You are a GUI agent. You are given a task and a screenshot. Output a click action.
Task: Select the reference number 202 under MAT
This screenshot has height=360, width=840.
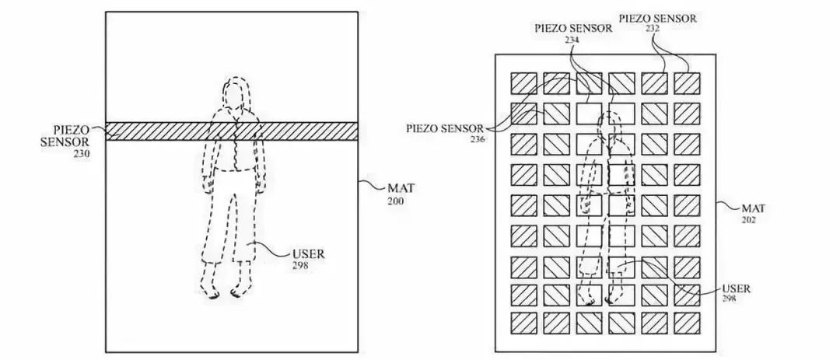(x=749, y=219)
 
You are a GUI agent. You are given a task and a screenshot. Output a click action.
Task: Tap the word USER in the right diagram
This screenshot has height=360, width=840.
(x=737, y=288)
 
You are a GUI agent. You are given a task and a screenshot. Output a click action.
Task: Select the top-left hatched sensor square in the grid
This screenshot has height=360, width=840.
(x=523, y=83)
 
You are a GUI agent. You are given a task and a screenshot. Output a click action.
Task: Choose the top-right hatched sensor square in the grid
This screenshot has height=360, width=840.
(x=687, y=83)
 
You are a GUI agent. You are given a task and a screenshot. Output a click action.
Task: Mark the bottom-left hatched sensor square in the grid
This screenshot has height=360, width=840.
(x=523, y=322)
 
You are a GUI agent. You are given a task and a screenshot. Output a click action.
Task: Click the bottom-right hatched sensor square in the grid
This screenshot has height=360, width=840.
(x=687, y=322)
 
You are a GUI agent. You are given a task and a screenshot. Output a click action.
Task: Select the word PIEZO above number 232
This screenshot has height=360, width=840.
(x=632, y=17)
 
